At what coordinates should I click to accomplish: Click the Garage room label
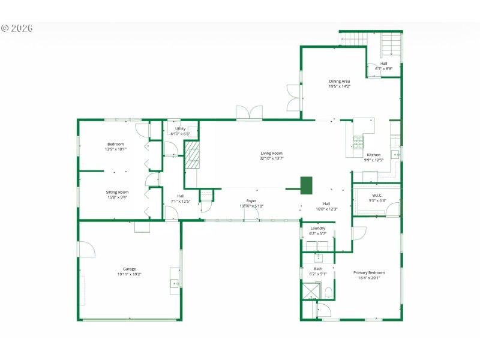[130, 271]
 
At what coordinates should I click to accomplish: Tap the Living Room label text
[271, 156]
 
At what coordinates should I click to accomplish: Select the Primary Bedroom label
[371, 275]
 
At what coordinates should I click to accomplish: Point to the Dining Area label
[339, 83]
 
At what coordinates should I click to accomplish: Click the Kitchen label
[373, 157]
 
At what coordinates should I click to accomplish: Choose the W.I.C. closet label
[377, 197]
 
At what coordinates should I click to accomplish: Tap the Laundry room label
[317, 230]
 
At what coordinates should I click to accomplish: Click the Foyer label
[251, 203]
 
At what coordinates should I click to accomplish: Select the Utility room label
[180, 131]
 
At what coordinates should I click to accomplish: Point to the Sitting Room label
[117, 194]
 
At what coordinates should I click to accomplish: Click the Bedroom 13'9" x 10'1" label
[115, 146]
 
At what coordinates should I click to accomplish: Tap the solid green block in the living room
[306, 185]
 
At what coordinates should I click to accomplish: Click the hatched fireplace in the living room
[192, 156]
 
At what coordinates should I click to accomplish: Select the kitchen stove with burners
[358, 142]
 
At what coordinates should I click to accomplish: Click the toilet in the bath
[328, 293]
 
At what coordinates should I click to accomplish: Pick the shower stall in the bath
[311, 291]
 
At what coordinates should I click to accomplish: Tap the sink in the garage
[175, 283]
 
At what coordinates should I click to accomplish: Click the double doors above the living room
[249, 113]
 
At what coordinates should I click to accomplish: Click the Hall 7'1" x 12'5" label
[176, 198]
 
